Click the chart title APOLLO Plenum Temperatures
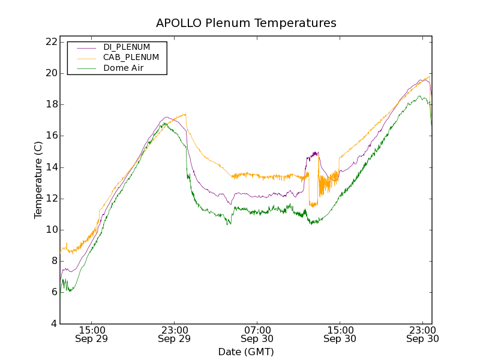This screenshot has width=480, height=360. pos(246,23)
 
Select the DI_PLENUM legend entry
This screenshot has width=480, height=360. pos(127,47)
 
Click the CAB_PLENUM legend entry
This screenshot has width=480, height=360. pos(131,58)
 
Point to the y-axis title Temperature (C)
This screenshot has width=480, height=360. pos(38,180)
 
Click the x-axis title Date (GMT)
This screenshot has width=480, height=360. pos(246,352)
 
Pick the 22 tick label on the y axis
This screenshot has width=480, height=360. pos(50,42)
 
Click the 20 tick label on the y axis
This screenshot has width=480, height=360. pos(50,73)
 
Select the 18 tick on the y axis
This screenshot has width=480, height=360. pos(50,104)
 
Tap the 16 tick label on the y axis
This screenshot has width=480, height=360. pos(50,136)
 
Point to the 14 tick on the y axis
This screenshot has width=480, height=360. pos(50,167)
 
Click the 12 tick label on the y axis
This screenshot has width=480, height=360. pos(50,199)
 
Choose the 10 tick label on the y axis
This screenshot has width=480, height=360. pos(50,230)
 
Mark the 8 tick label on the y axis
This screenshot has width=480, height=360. pos(53,261)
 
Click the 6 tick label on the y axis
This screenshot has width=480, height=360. pos(53,292)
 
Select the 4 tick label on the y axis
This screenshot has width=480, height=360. pos(53,324)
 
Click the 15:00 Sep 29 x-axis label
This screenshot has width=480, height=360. pos(92,334)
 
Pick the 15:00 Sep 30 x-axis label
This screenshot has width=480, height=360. pos(340,334)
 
